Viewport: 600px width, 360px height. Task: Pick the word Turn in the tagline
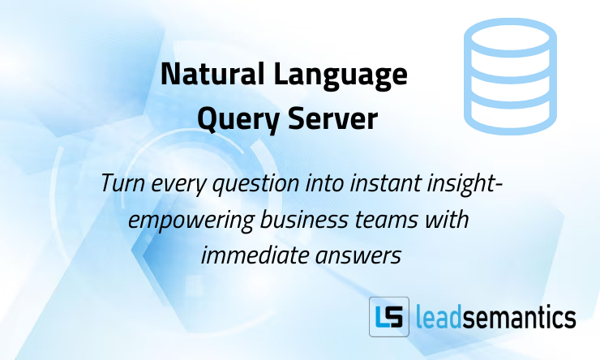click(x=122, y=184)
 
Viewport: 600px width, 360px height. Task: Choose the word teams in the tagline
click(x=388, y=219)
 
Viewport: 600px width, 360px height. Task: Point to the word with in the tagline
click(x=452, y=219)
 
